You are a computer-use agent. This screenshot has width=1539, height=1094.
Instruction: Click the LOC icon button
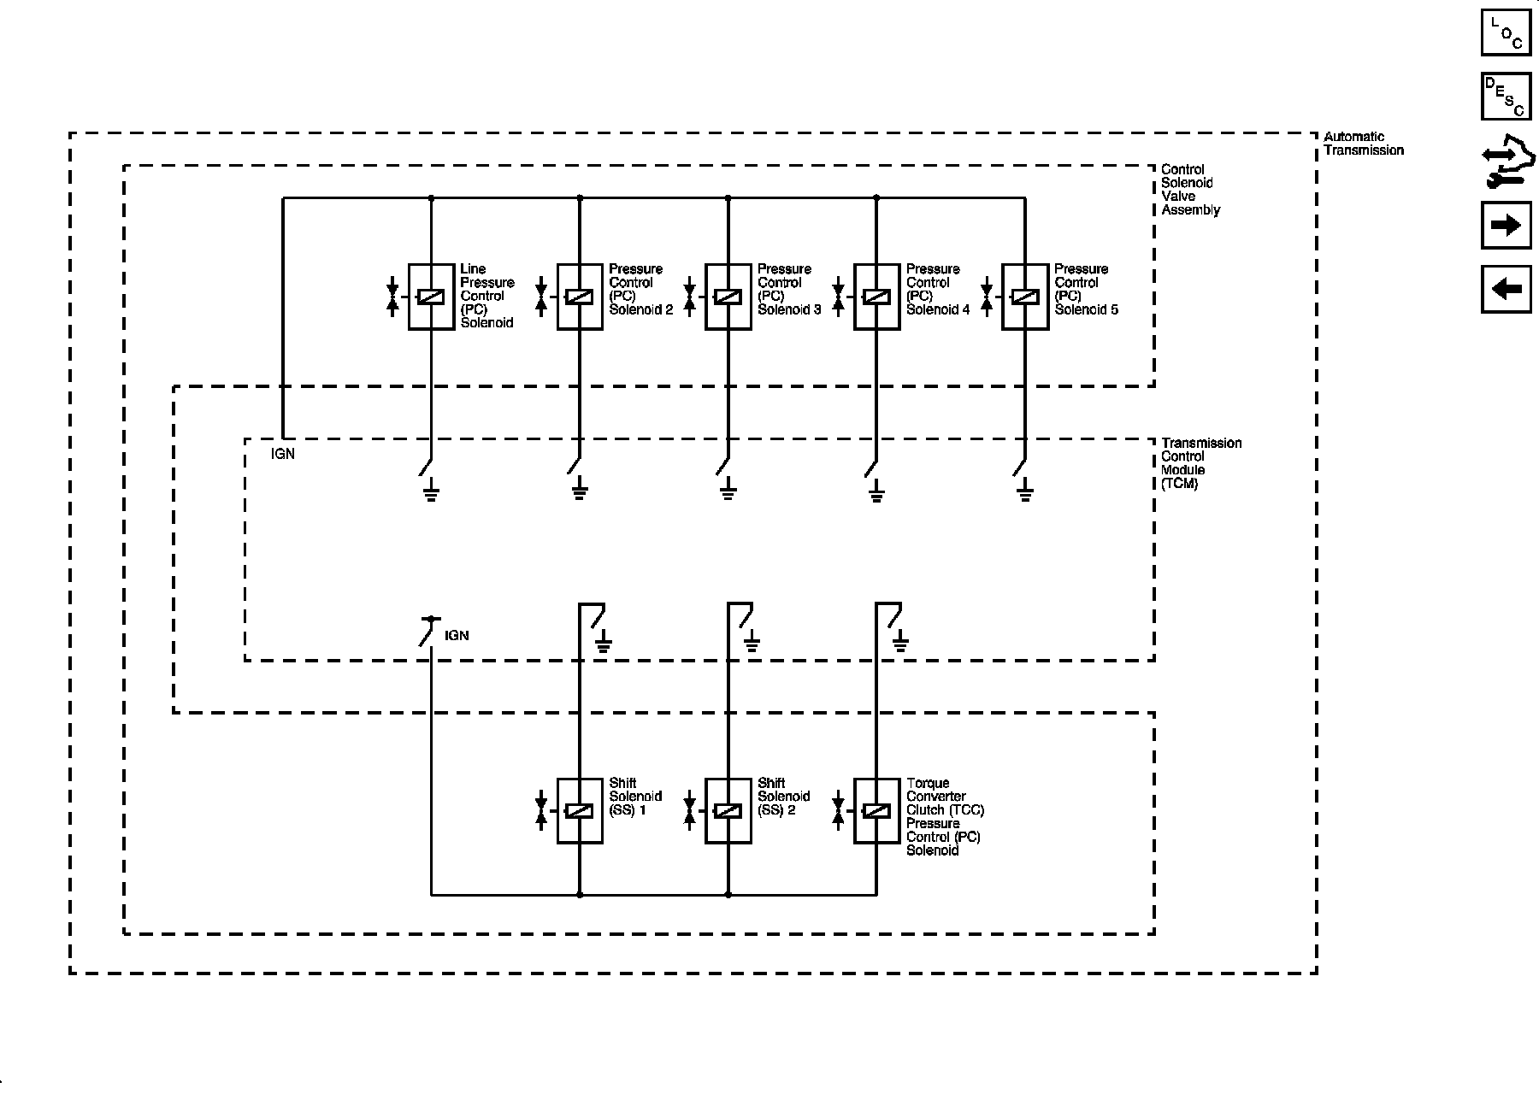point(1506,32)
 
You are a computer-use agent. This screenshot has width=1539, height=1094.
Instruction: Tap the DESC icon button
point(1506,97)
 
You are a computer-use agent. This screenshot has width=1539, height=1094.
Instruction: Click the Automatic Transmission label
point(1364,144)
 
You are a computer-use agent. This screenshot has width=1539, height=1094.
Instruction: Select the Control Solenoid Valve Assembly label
point(1190,190)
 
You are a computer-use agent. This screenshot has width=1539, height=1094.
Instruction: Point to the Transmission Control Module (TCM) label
point(1201,463)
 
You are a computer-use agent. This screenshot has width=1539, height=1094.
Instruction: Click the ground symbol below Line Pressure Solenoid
point(431,491)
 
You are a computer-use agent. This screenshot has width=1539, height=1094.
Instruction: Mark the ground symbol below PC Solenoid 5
point(1024,491)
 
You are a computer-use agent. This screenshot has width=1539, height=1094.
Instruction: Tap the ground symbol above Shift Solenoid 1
point(604,642)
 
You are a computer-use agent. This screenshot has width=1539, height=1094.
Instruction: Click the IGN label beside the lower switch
point(457,636)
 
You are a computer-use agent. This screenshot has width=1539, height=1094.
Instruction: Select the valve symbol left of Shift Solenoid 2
point(689,811)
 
